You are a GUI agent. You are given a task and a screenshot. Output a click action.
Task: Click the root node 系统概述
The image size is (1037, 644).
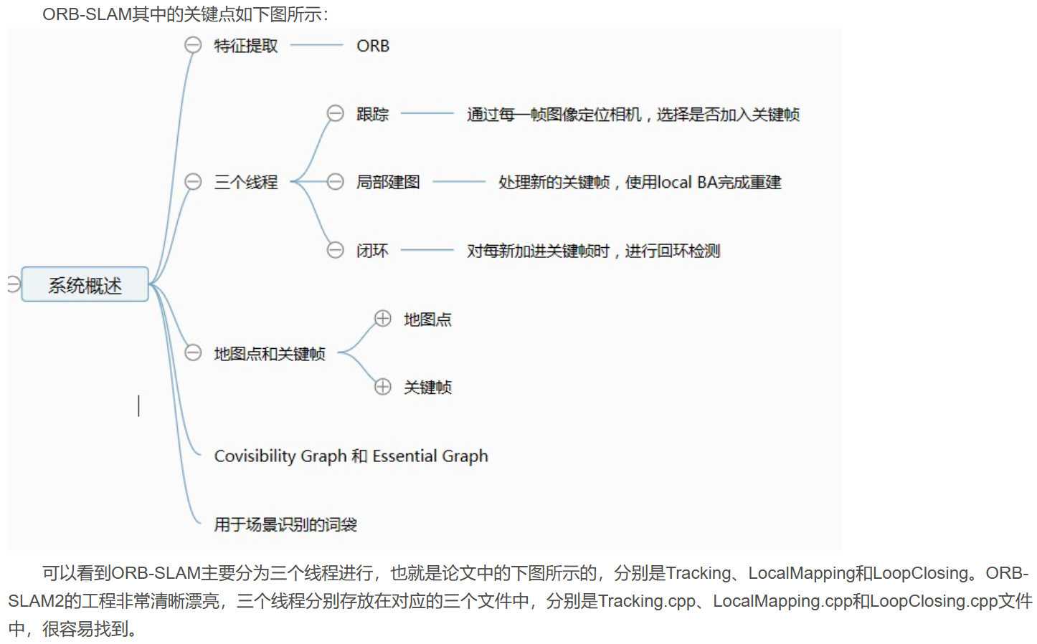85,285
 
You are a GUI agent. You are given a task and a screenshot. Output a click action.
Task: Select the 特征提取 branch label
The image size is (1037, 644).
245,46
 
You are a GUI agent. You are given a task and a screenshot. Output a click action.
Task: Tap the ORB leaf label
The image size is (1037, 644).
373,46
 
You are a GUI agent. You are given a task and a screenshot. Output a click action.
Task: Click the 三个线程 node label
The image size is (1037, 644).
245,182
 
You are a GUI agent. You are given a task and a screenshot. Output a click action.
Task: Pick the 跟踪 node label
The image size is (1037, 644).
372,115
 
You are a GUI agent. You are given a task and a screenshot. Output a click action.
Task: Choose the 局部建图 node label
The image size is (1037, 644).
388,182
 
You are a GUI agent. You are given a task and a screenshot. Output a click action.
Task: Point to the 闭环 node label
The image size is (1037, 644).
372,251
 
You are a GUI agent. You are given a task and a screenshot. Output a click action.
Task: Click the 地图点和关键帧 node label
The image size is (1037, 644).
270,354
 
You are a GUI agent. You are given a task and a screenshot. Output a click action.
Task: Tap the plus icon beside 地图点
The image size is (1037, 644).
383,318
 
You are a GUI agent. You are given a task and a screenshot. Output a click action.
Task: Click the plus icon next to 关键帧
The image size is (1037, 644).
383,387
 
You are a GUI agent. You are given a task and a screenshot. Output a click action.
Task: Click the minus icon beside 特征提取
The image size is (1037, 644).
193,45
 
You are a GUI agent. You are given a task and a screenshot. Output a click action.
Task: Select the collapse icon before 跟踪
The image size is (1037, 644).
335,113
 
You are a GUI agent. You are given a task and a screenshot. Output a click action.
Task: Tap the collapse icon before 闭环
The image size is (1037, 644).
335,250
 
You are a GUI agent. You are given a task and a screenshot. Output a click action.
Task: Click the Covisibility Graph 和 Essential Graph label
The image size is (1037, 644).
351,456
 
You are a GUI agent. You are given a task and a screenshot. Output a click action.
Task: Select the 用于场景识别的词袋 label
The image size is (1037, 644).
285,525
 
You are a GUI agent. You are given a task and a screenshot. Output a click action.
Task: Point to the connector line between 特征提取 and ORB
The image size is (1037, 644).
316,46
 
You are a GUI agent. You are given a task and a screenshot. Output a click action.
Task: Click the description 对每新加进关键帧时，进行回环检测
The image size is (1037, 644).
593,251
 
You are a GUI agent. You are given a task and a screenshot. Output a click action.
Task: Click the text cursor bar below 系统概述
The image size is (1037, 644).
138,405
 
